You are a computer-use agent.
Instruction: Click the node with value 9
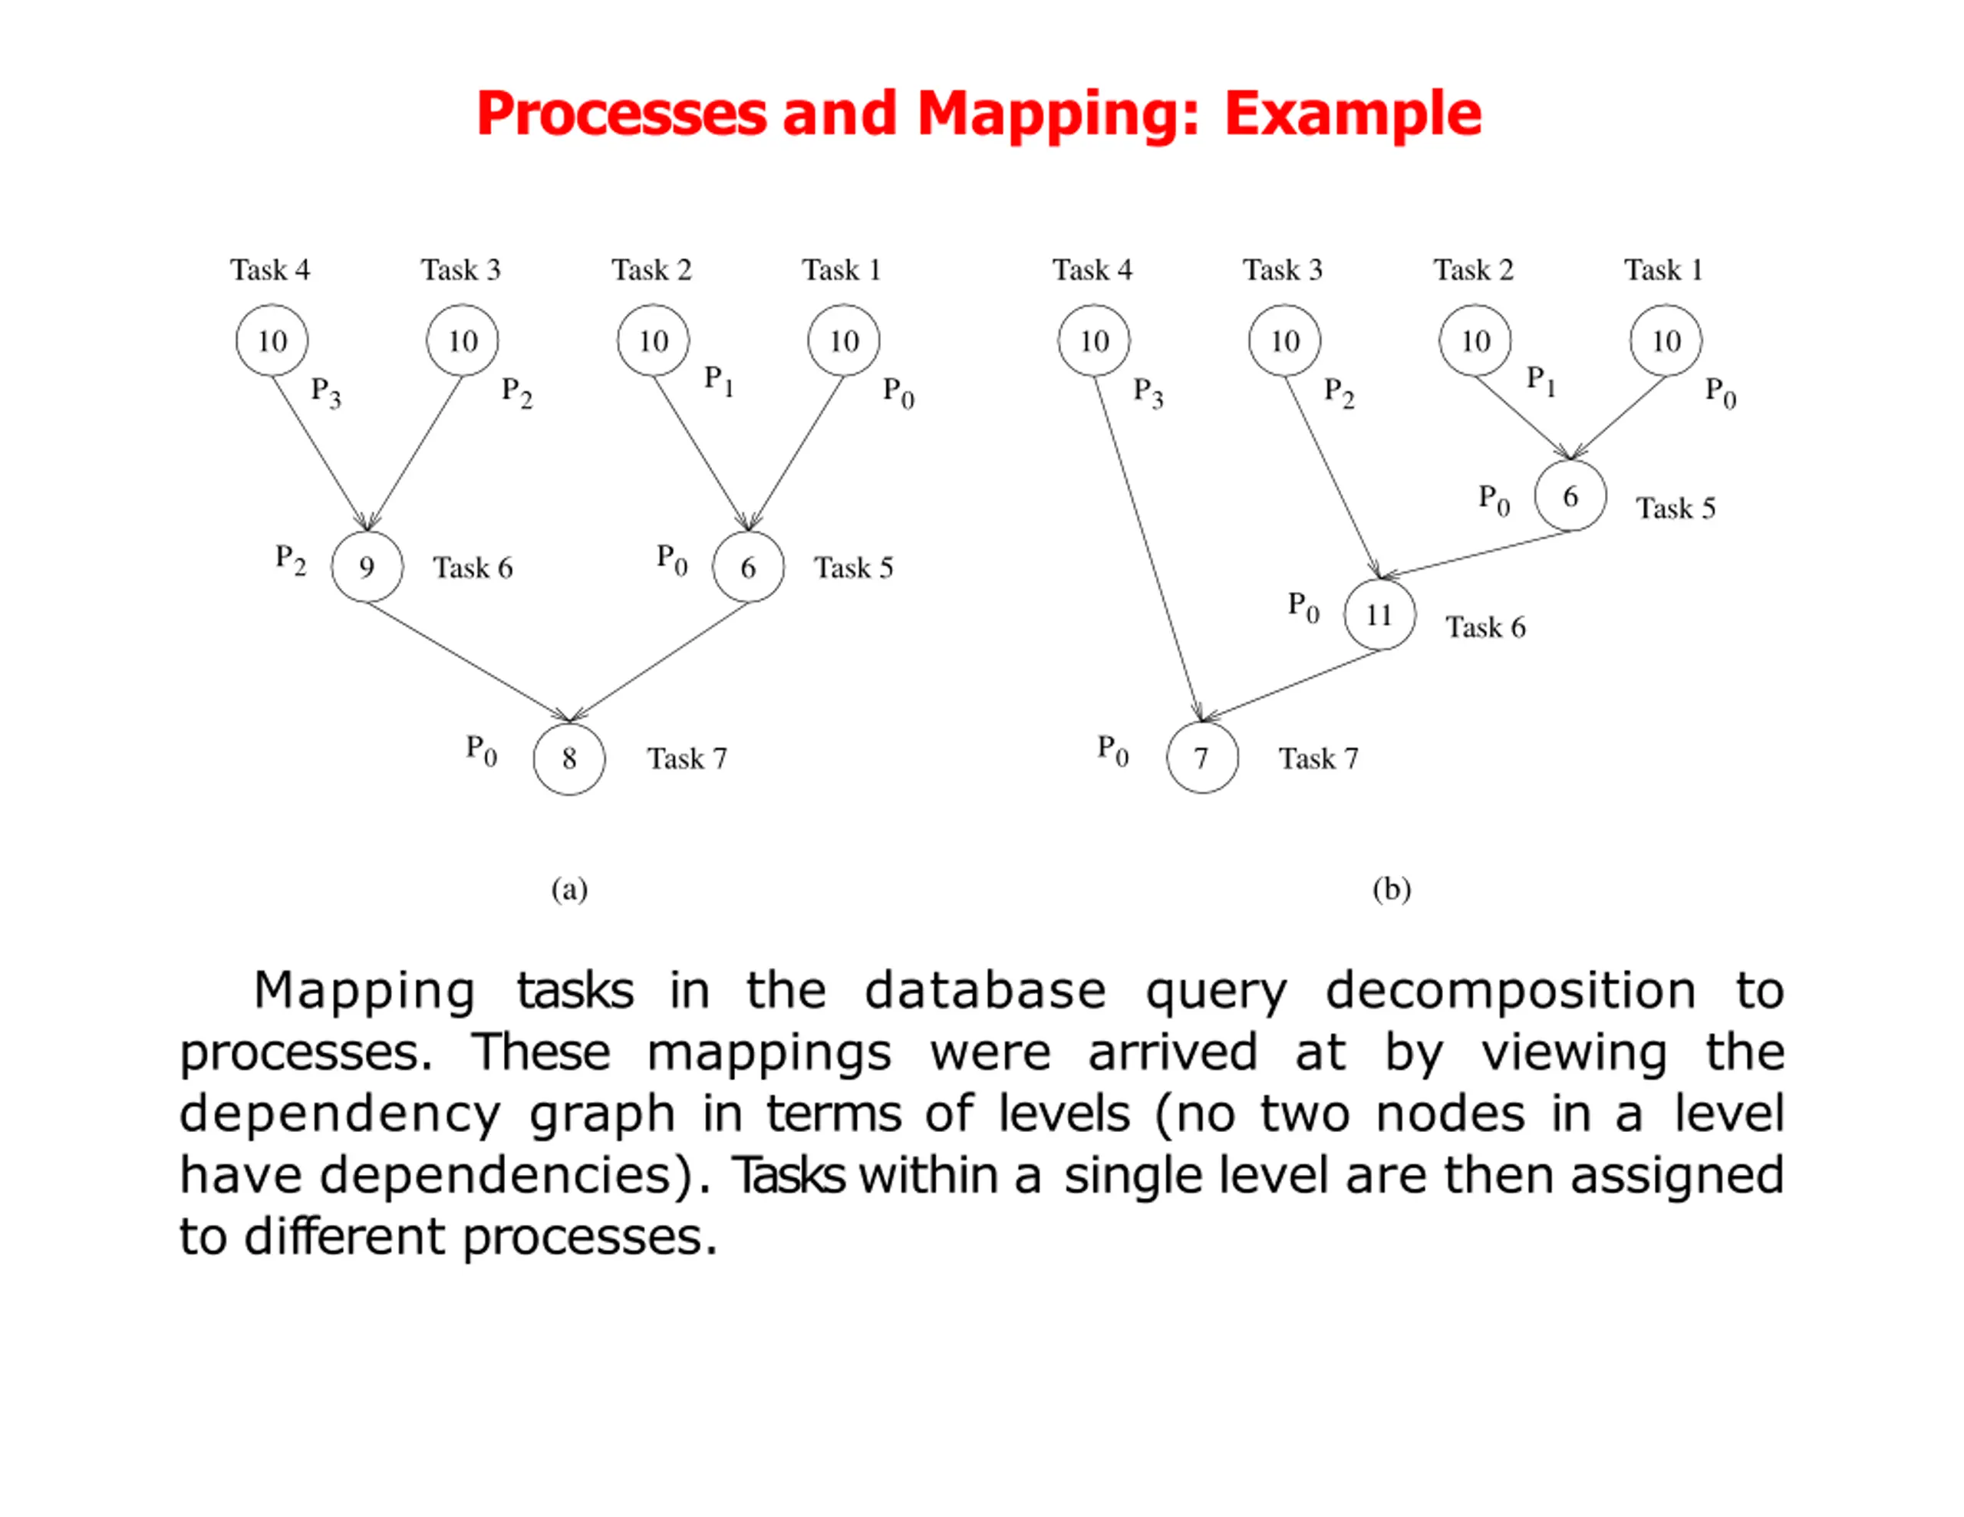[367, 567]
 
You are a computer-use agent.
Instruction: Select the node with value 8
[568, 758]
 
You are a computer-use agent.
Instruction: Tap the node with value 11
[1379, 615]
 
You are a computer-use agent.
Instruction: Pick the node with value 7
[1201, 758]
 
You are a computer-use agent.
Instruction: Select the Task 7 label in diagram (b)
[1318, 759]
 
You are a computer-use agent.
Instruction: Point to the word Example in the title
[1353, 115]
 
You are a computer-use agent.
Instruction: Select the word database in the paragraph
[985, 991]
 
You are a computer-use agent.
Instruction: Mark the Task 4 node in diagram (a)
[272, 341]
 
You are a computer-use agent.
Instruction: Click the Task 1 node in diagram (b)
[1666, 341]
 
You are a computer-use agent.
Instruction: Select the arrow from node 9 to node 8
[468, 662]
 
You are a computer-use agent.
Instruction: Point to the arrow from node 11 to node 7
[1291, 684]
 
